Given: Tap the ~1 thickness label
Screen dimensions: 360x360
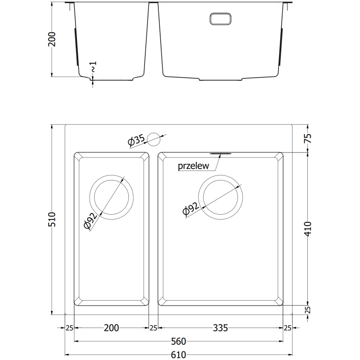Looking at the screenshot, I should (93, 67).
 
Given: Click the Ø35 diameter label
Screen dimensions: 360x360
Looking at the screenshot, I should (136, 141).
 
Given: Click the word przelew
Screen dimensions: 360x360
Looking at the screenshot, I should (193, 166).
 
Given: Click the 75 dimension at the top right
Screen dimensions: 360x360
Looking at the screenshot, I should (307, 139).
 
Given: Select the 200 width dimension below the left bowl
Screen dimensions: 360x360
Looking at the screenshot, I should (111, 328).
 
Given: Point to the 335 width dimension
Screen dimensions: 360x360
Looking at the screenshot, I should (220, 328).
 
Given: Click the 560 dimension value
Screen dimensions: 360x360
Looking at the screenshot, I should (178, 341).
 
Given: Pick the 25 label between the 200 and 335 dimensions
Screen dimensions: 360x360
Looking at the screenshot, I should (153, 328).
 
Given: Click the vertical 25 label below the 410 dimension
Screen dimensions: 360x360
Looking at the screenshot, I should (307, 310).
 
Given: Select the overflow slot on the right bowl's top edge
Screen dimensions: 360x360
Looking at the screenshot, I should (220, 153).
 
